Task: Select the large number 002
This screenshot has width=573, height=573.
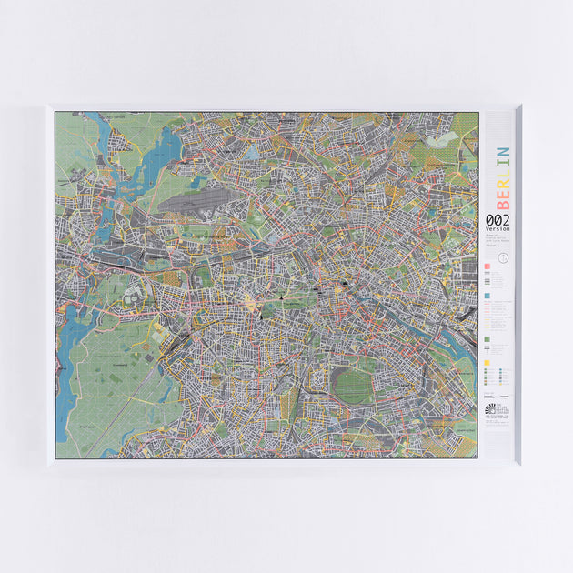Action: click(x=498, y=220)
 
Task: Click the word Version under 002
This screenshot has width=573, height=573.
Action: click(x=498, y=228)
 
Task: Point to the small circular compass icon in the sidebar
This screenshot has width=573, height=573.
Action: click(x=504, y=257)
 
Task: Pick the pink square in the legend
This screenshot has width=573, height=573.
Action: click(x=488, y=266)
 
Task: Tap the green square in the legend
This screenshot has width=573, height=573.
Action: click(x=488, y=337)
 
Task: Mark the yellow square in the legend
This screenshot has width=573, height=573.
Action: click(x=488, y=362)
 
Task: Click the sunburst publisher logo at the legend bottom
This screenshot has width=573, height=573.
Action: click(x=491, y=410)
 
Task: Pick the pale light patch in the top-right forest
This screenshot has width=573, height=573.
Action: click(x=444, y=139)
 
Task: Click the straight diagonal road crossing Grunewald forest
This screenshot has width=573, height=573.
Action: click(x=136, y=400)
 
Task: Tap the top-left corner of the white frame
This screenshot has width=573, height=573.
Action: click(x=49, y=107)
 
